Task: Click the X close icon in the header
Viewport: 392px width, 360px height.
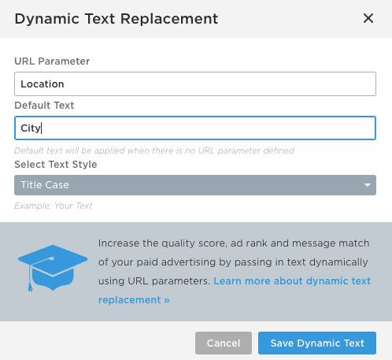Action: point(368,18)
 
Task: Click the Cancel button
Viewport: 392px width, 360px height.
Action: point(224,343)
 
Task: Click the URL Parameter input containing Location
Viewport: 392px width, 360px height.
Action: point(195,84)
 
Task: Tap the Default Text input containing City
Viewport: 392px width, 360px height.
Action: point(195,128)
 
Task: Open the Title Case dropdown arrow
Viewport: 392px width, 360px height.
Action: point(368,185)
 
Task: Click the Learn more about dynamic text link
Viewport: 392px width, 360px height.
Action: point(292,281)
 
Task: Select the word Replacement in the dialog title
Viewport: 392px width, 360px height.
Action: point(169,19)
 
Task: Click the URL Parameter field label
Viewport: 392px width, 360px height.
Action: point(52,61)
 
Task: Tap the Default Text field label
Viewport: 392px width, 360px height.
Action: point(44,106)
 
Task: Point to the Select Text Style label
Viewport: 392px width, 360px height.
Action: point(56,165)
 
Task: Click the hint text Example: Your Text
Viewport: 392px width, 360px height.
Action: point(54,206)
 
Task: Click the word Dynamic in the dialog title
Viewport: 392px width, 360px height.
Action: point(47,19)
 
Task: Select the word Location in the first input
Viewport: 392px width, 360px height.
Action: point(43,84)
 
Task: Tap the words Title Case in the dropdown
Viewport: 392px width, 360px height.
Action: point(45,185)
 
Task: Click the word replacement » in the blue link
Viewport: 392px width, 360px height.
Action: point(134,300)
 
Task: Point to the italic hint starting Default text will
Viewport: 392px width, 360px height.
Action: point(154,150)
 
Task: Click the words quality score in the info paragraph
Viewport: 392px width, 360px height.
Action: point(194,243)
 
